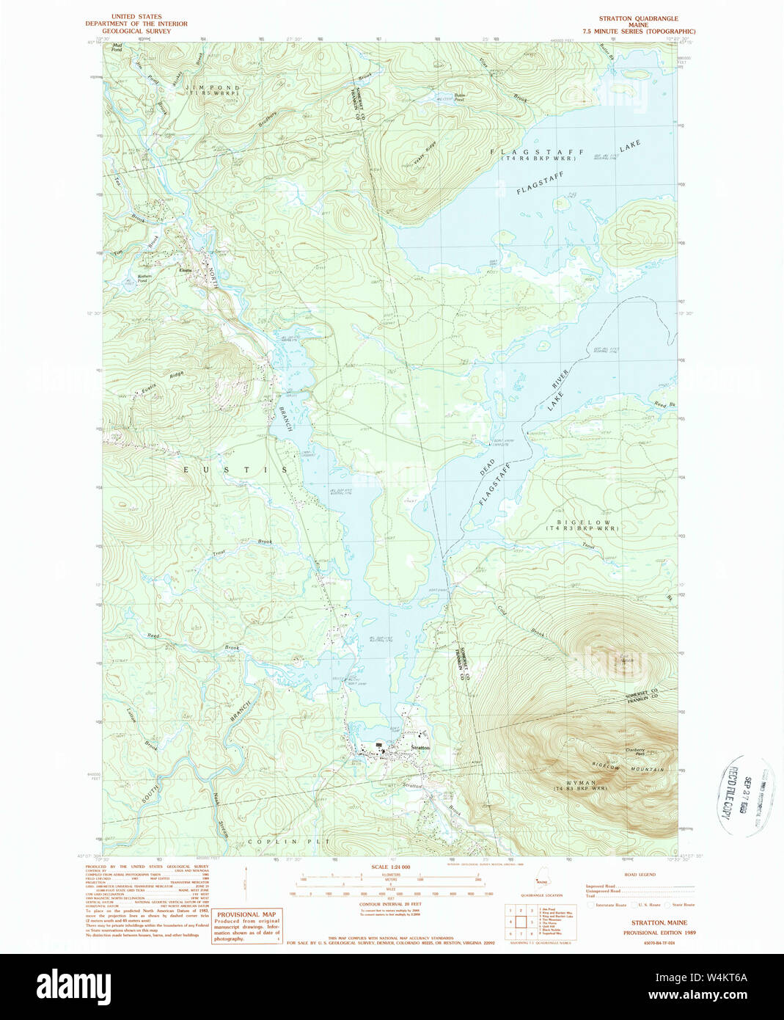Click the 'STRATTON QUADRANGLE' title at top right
coord(638,18)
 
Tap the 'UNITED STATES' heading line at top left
coord(136,16)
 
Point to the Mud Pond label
coord(117,48)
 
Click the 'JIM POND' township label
coord(212,88)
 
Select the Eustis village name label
coord(186,270)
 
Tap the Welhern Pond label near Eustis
coord(142,278)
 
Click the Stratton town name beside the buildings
coord(420,748)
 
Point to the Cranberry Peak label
coord(635,751)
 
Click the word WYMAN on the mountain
coord(580,783)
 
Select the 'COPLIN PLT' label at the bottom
coord(289,842)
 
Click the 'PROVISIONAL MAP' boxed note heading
coord(246,915)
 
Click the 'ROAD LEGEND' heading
coord(640,875)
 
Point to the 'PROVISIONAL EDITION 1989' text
coord(659,933)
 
